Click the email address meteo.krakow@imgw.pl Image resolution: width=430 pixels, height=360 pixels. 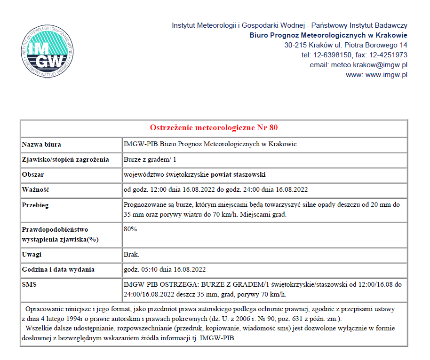click(x=369, y=65)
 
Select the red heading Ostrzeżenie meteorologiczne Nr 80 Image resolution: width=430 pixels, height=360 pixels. click(x=214, y=128)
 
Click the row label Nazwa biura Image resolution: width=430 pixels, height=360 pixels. click(x=41, y=144)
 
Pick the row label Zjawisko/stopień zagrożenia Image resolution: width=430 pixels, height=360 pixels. click(x=65, y=159)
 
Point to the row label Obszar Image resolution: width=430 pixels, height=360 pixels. click(x=33, y=174)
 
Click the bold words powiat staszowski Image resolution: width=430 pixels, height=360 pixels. click(x=238, y=174)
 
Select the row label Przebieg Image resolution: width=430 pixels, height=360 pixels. click(x=35, y=205)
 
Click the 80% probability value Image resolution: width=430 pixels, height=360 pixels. click(x=130, y=229)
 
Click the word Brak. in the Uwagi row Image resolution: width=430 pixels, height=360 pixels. click(x=131, y=254)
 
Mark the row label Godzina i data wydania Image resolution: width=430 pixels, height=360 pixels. click(x=58, y=269)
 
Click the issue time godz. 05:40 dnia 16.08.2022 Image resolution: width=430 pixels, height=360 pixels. click(x=164, y=269)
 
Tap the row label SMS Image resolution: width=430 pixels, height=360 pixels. click(x=29, y=284)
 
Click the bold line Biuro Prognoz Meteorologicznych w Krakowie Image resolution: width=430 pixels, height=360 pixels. click(x=328, y=35)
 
